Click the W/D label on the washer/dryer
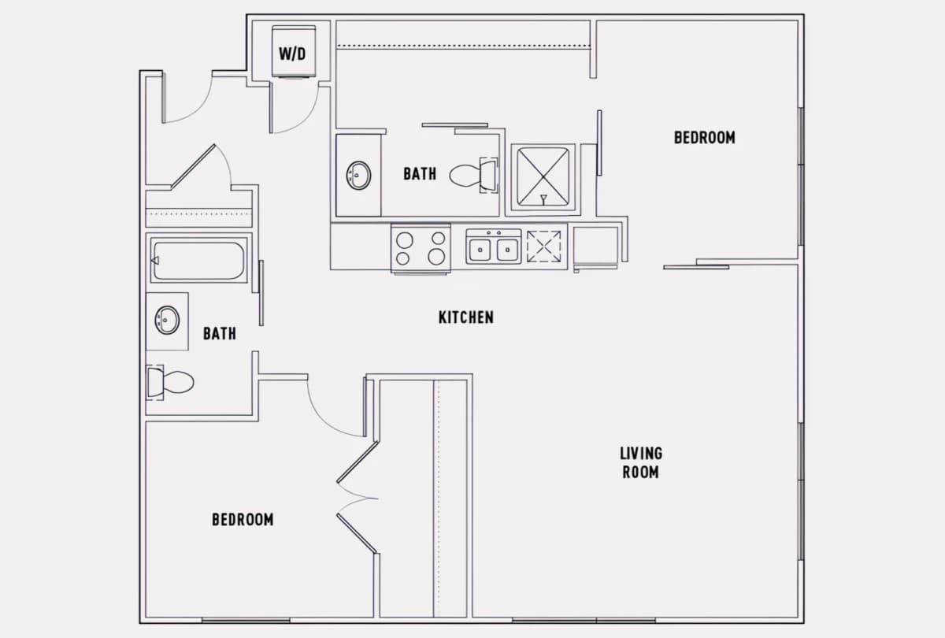[x=292, y=54]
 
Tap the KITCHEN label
[x=466, y=317]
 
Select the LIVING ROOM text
[x=641, y=463]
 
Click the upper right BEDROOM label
[x=705, y=138]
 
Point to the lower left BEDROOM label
[x=243, y=519]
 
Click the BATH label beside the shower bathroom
[x=420, y=174]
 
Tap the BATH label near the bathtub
[x=220, y=334]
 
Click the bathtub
[x=198, y=261]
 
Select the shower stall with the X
[x=543, y=176]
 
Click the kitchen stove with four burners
[x=421, y=248]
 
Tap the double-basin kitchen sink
[x=493, y=247]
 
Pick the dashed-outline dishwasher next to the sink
[x=544, y=247]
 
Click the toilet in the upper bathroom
[x=473, y=175]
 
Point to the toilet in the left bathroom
[x=170, y=382]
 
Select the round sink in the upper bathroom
[x=358, y=175]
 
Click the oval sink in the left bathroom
[x=167, y=321]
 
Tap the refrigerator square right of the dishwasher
[x=595, y=247]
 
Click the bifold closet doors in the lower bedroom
[x=358, y=498]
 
